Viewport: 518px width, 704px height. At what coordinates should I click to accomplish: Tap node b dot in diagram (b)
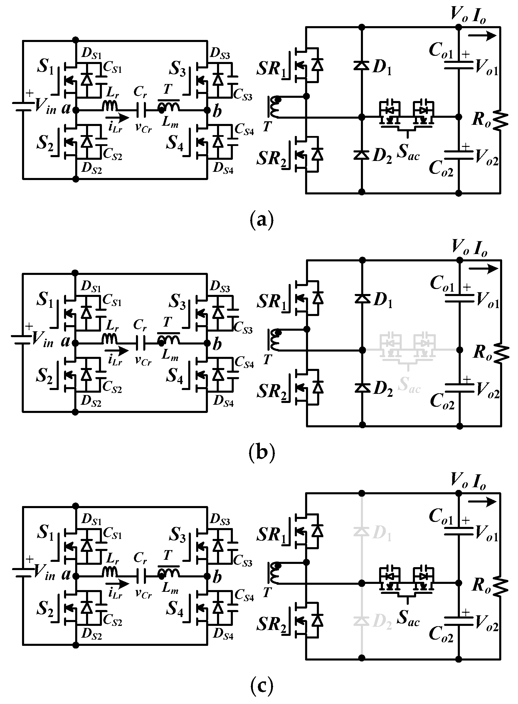tap(207, 343)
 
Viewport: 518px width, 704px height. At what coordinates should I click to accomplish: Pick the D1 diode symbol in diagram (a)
tap(361, 65)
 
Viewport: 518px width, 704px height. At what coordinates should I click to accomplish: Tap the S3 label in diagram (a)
tap(177, 69)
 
